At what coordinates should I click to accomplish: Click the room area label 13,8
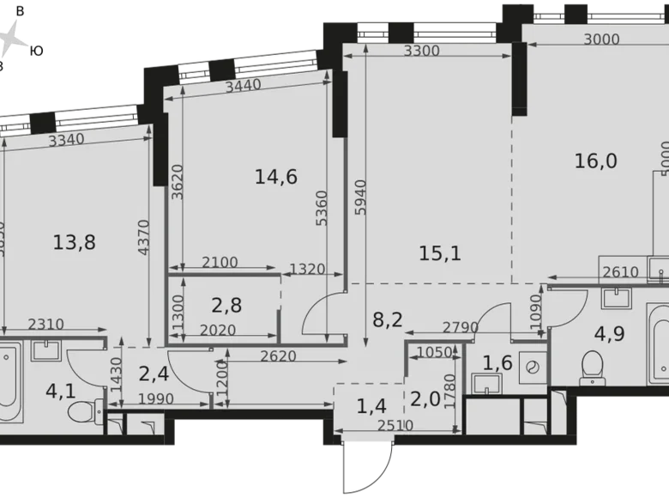pyautogui.click(x=74, y=243)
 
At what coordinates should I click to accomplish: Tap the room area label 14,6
pyautogui.click(x=276, y=177)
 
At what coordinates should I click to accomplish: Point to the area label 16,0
pyautogui.click(x=596, y=161)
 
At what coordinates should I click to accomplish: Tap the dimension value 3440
pyautogui.click(x=244, y=86)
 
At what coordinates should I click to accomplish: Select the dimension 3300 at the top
pyautogui.click(x=421, y=51)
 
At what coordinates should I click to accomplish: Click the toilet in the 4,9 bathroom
pyautogui.click(x=592, y=367)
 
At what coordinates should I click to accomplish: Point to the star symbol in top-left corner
pyautogui.click(x=13, y=39)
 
